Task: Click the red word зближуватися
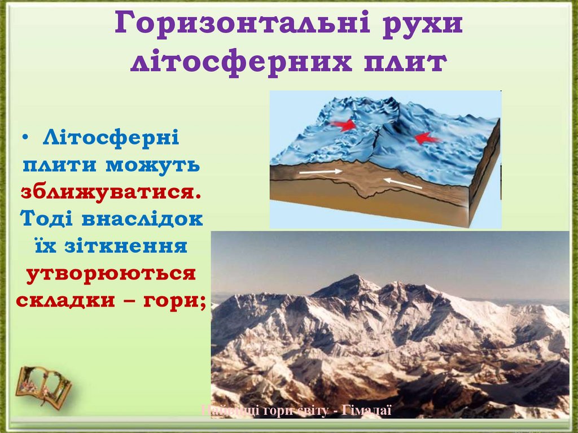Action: click(111, 191)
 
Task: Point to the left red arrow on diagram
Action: click(345, 125)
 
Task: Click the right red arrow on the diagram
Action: click(427, 137)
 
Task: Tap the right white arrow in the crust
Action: click(402, 183)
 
